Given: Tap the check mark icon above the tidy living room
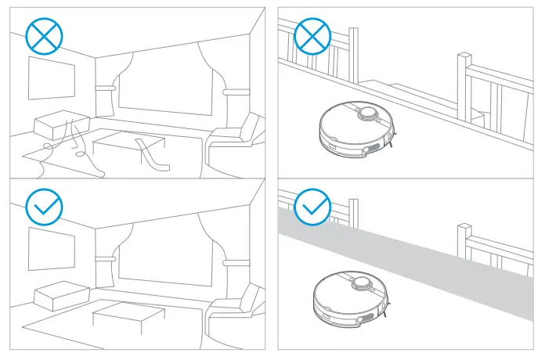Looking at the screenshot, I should click(44, 206).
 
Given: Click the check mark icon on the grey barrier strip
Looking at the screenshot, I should click(312, 206).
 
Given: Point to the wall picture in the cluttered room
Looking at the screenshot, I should click(52, 77).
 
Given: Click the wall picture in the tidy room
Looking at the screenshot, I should click(52, 247).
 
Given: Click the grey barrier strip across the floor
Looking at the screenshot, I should click(439, 262).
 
